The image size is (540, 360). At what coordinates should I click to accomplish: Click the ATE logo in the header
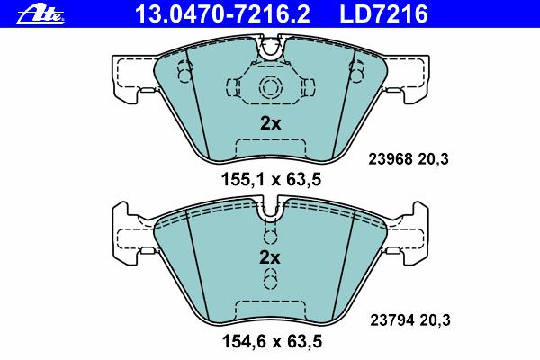pyautogui.click(x=40, y=15)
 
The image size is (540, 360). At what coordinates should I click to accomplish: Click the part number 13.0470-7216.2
pyautogui.click(x=223, y=14)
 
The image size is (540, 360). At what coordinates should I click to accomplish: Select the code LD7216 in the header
pyautogui.click(x=383, y=14)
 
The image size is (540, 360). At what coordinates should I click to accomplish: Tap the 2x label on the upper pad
pyautogui.click(x=270, y=123)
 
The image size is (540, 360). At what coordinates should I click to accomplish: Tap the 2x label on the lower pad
pyautogui.click(x=270, y=257)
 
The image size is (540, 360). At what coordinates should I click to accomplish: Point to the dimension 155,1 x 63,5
pyautogui.click(x=271, y=179)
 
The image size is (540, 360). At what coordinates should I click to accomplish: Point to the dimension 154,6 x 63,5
pyautogui.click(x=272, y=341)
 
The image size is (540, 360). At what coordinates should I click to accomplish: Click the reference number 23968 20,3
pyautogui.click(x=409, y=159)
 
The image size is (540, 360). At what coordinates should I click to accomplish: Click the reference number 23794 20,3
pyautogui.click(x=410, y=320)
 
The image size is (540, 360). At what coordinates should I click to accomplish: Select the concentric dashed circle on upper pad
pyautogui.click(x=270, y=86)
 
